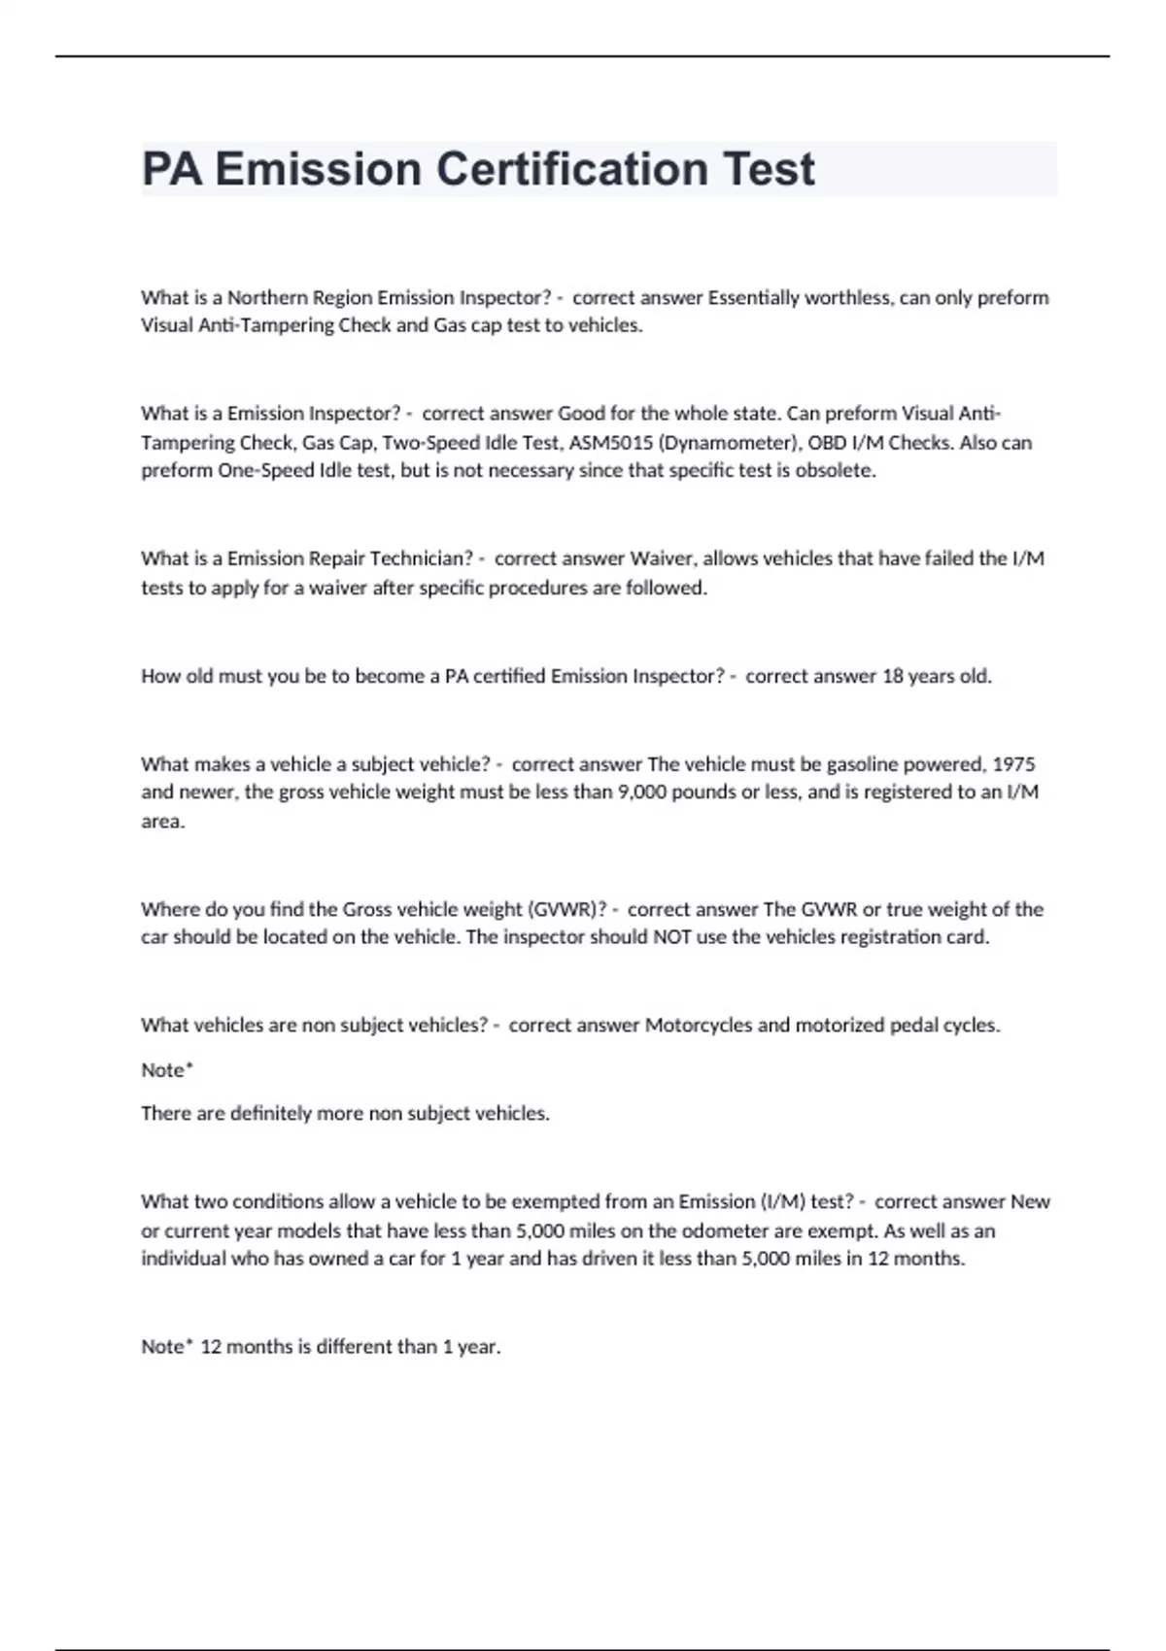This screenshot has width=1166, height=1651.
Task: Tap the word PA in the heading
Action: pyautogui.click(x=172, y=169)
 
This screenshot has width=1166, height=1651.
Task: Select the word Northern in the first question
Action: pyautogui.click(x=268, y=297)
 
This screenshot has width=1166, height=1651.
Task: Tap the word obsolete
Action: pyautogui.click(x=836, y=471)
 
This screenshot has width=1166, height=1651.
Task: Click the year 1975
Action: pyautogui.click(x=1014, y=764)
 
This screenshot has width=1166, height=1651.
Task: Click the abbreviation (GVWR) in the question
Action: pyautogui.click(x=561, y=910)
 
